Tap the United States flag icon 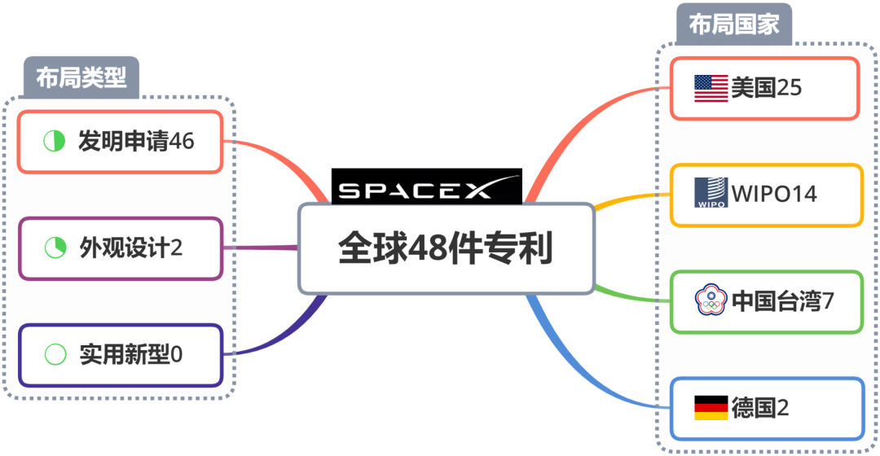pos(711,88)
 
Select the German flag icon pos(711,407)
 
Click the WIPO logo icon pos(711,194)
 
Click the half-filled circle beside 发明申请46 pos(55,141)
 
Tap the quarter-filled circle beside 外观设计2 pos(55,248)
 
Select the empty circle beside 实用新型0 pos(55,354)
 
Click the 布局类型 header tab pos(81,77)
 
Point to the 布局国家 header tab pos(733,24)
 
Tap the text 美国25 pos(766,88)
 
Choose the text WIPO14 pos(773,195)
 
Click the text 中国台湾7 pos(782,300)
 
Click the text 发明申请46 pos(136,141)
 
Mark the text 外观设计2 pos(130,248)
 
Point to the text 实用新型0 pos(130,354)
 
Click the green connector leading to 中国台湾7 pos(631,296)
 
